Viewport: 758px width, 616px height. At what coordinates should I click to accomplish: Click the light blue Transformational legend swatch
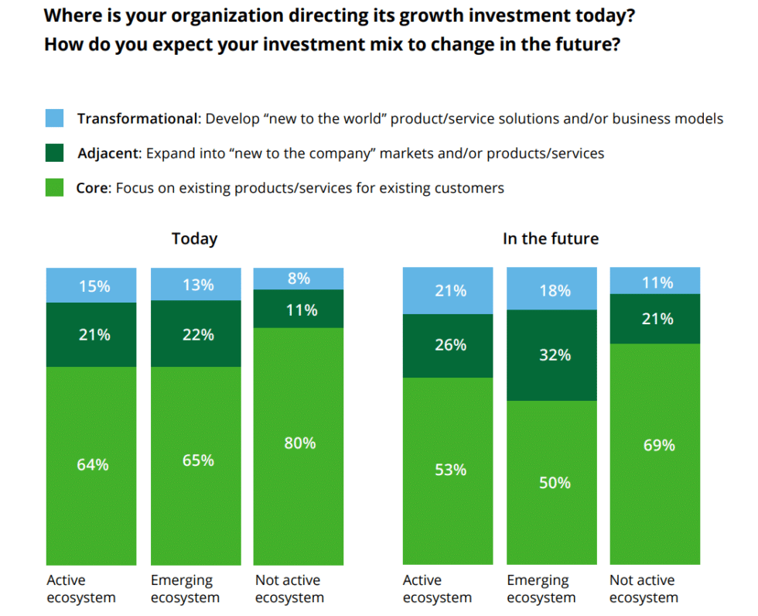54,118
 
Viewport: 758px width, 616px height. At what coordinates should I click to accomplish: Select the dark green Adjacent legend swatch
54,153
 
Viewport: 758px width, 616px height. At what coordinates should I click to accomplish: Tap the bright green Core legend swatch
54,187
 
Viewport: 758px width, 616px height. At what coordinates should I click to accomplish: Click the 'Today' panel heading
194,238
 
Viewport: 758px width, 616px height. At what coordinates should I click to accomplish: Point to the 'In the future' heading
550,238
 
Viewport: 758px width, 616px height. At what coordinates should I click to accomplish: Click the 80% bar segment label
299,443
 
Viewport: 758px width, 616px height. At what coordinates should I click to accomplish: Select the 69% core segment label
658,445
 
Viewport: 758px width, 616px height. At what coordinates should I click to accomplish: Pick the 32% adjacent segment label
555,355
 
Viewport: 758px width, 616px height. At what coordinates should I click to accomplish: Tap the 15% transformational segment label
94,286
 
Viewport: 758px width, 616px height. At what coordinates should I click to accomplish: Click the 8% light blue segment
299,279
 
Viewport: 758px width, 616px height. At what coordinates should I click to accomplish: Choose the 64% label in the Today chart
92,465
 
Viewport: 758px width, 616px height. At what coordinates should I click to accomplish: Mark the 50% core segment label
555,483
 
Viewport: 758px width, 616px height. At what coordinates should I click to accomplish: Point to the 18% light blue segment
555,290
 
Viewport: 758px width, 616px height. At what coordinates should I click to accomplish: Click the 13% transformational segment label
198,285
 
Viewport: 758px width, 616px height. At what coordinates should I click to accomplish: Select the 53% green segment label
450,470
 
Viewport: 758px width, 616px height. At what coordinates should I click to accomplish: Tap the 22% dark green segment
198,334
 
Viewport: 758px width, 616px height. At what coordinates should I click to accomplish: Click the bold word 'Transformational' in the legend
137,119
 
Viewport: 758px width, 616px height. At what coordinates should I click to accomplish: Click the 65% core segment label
198,460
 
